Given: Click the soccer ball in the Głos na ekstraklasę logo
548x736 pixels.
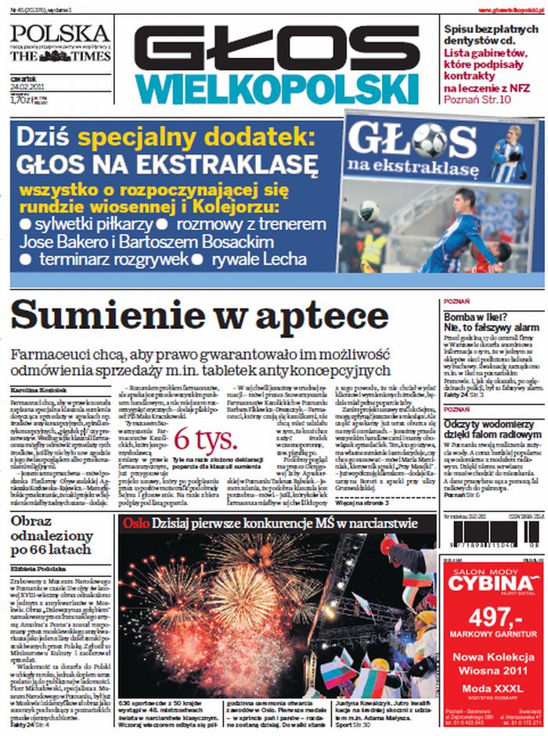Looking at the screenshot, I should (x=428, y=141).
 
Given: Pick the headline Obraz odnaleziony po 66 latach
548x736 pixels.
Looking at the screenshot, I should (x=52, y=536).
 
